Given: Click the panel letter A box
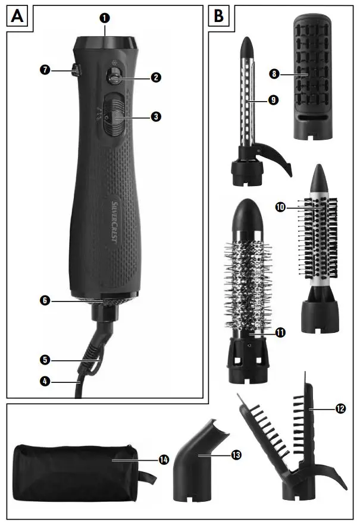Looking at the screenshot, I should tap(18, 16).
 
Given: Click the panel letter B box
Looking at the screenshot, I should tap(218, 16).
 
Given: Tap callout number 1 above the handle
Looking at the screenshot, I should tap(105, 18).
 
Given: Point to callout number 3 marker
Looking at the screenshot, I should tap(156, 118).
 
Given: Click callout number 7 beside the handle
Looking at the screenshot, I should tap(45, 71).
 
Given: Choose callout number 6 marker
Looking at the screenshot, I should tap(45, 301).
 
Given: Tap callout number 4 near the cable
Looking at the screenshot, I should tap(45, 381).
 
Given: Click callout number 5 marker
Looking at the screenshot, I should tap(45, 360).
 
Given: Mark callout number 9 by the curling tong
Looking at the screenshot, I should tap(273, 100).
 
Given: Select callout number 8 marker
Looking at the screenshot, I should tap(274, 75).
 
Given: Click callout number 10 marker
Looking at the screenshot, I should tap(279, 207).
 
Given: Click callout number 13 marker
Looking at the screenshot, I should tap(236, 454).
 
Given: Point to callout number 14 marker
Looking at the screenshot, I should tap(163, 460).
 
